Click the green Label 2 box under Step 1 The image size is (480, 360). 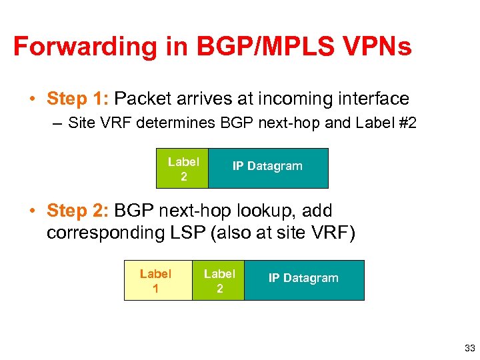tap(183, 169)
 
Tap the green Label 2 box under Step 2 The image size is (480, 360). tap(219, 281)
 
